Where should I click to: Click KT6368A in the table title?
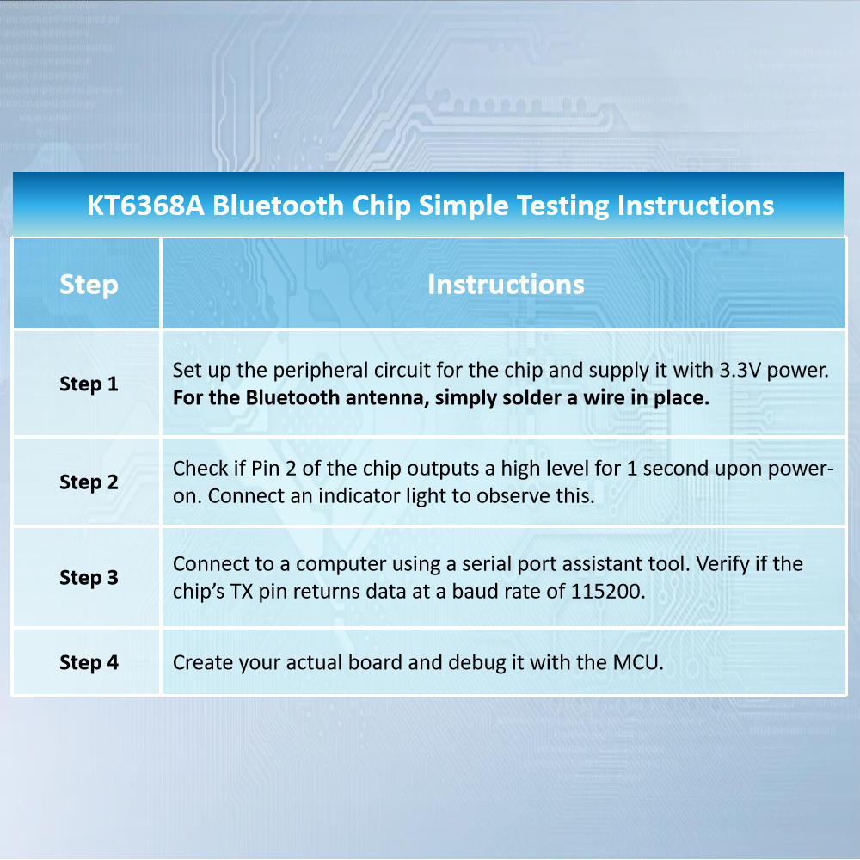tap(146, 206)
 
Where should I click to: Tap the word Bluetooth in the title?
tap(278, 206)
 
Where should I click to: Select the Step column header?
tap(89, 285)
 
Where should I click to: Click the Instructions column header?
tap(506, 285)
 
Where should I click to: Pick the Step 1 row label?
tap(89, 384)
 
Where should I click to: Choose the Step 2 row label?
tap(89, 482)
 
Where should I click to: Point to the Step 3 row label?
tap(89, 578)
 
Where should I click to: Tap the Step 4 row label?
tap(89, 662)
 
